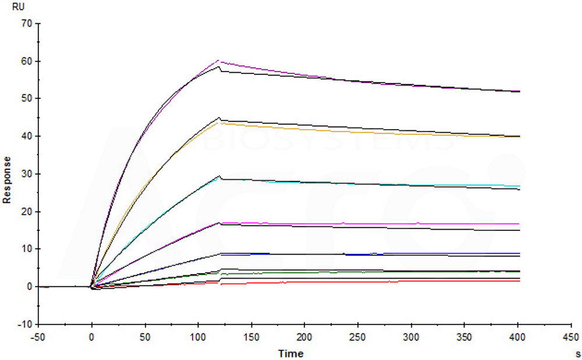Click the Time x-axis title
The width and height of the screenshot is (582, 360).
click(290, 353)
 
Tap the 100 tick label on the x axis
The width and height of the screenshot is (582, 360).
click(198, 337)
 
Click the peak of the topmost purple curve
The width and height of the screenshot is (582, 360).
click(218, 60)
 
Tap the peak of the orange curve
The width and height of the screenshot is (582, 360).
click(219, 123)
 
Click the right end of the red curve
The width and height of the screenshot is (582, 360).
click(520, 281)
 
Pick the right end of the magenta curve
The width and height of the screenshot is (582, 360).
click(520, 223)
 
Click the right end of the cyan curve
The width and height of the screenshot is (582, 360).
click(520, 186)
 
